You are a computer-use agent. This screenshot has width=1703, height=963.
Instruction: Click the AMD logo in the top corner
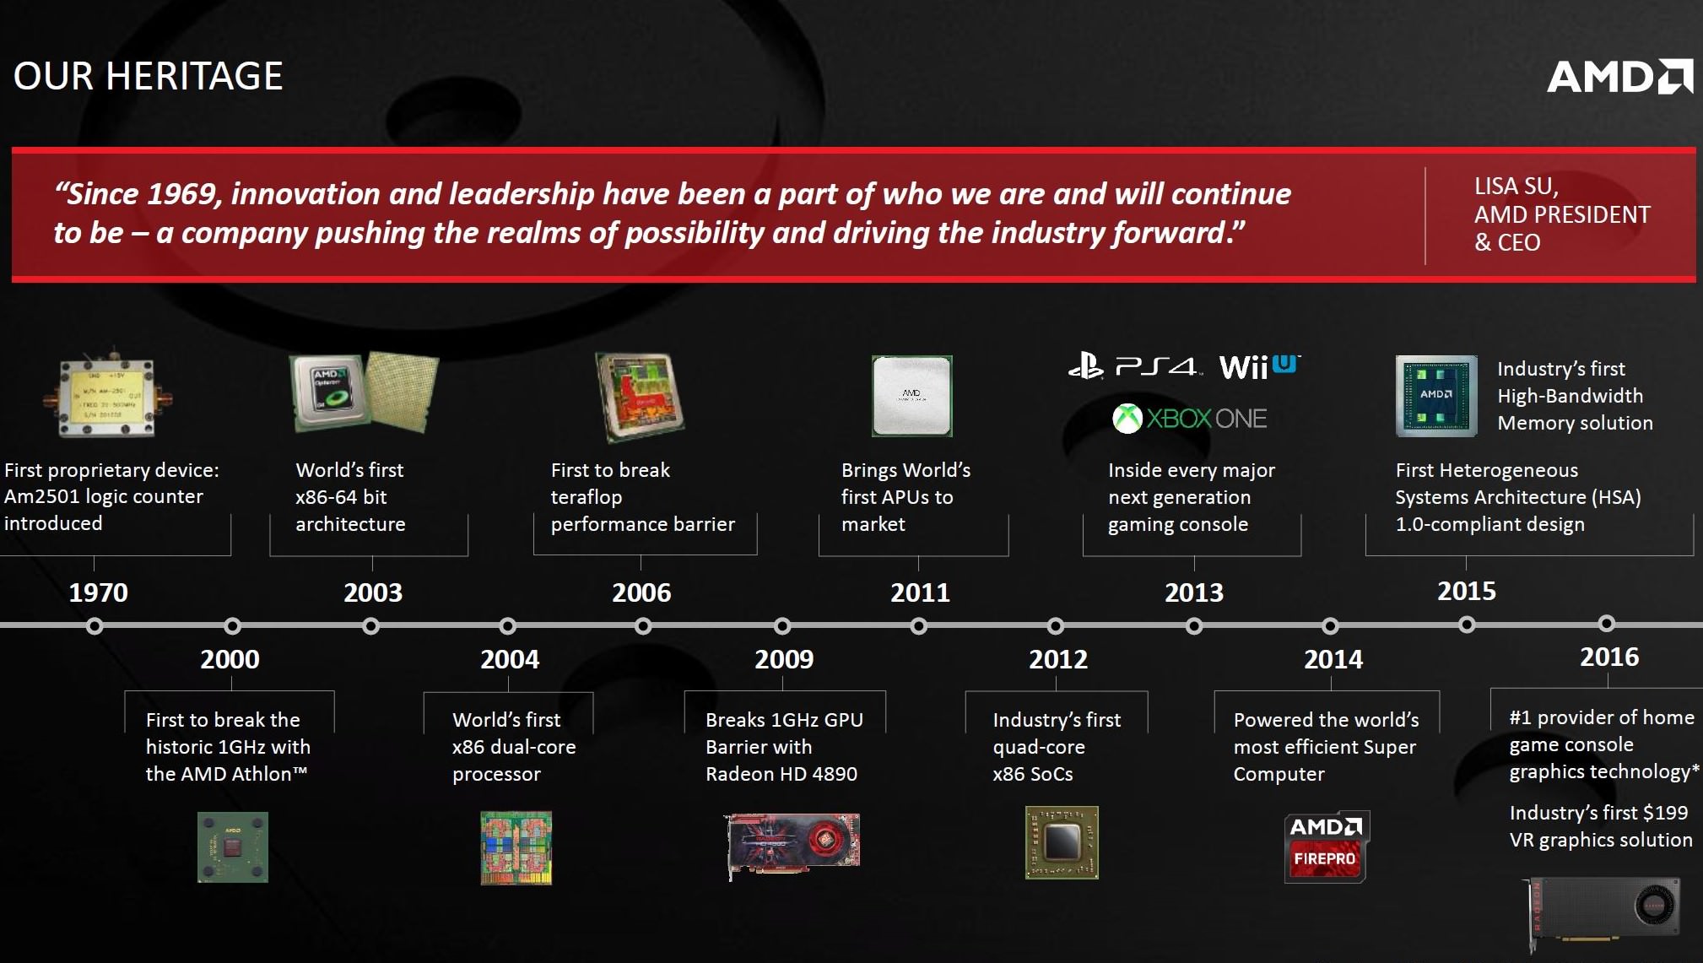[x=1619, y=77]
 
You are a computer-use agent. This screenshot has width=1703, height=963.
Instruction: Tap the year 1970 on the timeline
[x=98, y=592]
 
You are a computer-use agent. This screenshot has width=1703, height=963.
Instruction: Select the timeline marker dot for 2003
[x=370, y=626]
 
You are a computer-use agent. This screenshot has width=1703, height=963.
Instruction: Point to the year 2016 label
[x=1609, y=657]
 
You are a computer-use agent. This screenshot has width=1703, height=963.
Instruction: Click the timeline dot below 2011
[x=919, y=626]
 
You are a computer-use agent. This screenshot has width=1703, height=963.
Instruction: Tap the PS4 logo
[x=1133, y=367]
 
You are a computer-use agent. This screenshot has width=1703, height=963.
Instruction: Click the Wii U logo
[x=1259, y=367]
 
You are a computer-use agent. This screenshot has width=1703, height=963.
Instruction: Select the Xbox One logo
[x=1189, y=419]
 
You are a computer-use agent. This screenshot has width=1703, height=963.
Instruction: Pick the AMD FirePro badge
[x=1325, y=847]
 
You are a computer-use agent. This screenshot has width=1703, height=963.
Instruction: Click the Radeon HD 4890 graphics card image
[x=793, y=845]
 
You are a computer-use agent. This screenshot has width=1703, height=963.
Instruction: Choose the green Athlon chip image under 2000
[x=233, y=847]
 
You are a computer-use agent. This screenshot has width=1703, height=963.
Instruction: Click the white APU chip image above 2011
[x=912, y=396]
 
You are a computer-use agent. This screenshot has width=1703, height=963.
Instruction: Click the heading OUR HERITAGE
[x=148, y=76]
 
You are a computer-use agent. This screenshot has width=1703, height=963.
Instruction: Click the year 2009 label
[x=784, y=659]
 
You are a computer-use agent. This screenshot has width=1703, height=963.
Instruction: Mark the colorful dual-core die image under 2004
[x=516, y=848]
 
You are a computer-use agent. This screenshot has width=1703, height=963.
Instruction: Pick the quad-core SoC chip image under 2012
[x=1062, y=842]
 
